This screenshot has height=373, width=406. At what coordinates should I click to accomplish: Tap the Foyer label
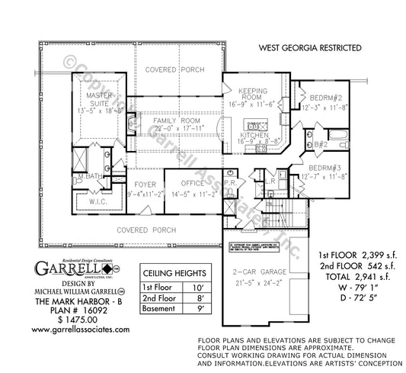click(145, 184)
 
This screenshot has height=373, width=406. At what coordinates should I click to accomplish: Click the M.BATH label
click(91, 178)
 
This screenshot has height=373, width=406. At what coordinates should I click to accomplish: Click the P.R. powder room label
click(234, 184)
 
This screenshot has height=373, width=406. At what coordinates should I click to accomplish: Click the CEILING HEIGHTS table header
click(174, 272)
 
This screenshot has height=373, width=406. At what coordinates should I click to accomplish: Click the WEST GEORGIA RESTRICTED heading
click(310, 47)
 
